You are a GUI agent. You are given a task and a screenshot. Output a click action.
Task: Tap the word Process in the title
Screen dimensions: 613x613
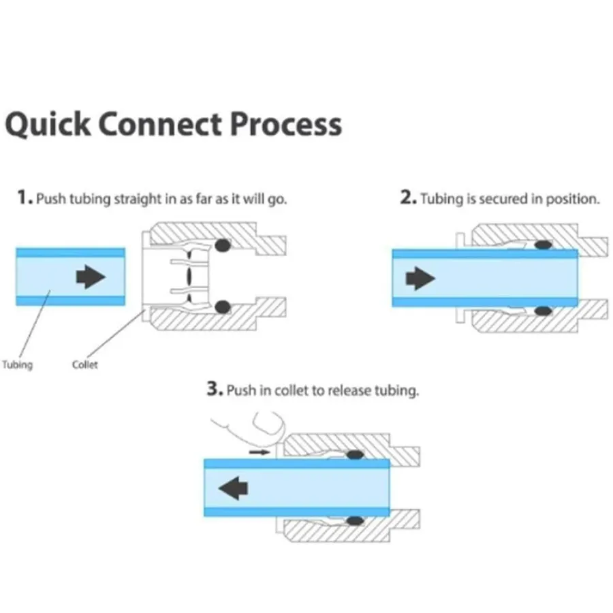pos(286,125)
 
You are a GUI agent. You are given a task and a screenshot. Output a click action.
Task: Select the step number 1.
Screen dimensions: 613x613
pos(25,199)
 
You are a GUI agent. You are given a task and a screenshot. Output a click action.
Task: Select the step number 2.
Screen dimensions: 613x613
pos(408,199)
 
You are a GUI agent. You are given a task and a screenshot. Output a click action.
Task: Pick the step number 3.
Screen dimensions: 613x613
pos(215,390)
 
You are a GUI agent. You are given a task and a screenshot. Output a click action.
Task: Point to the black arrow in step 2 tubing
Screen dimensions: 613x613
pos(420,277)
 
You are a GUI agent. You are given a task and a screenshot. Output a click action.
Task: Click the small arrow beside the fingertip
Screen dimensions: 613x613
pos(258,451)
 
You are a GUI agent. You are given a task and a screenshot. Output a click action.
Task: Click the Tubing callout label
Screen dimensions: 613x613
pos(17,364)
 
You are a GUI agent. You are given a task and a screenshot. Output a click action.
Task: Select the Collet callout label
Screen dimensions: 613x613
pos(85,364)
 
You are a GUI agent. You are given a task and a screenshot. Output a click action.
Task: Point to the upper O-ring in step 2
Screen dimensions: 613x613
pos(542,245)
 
